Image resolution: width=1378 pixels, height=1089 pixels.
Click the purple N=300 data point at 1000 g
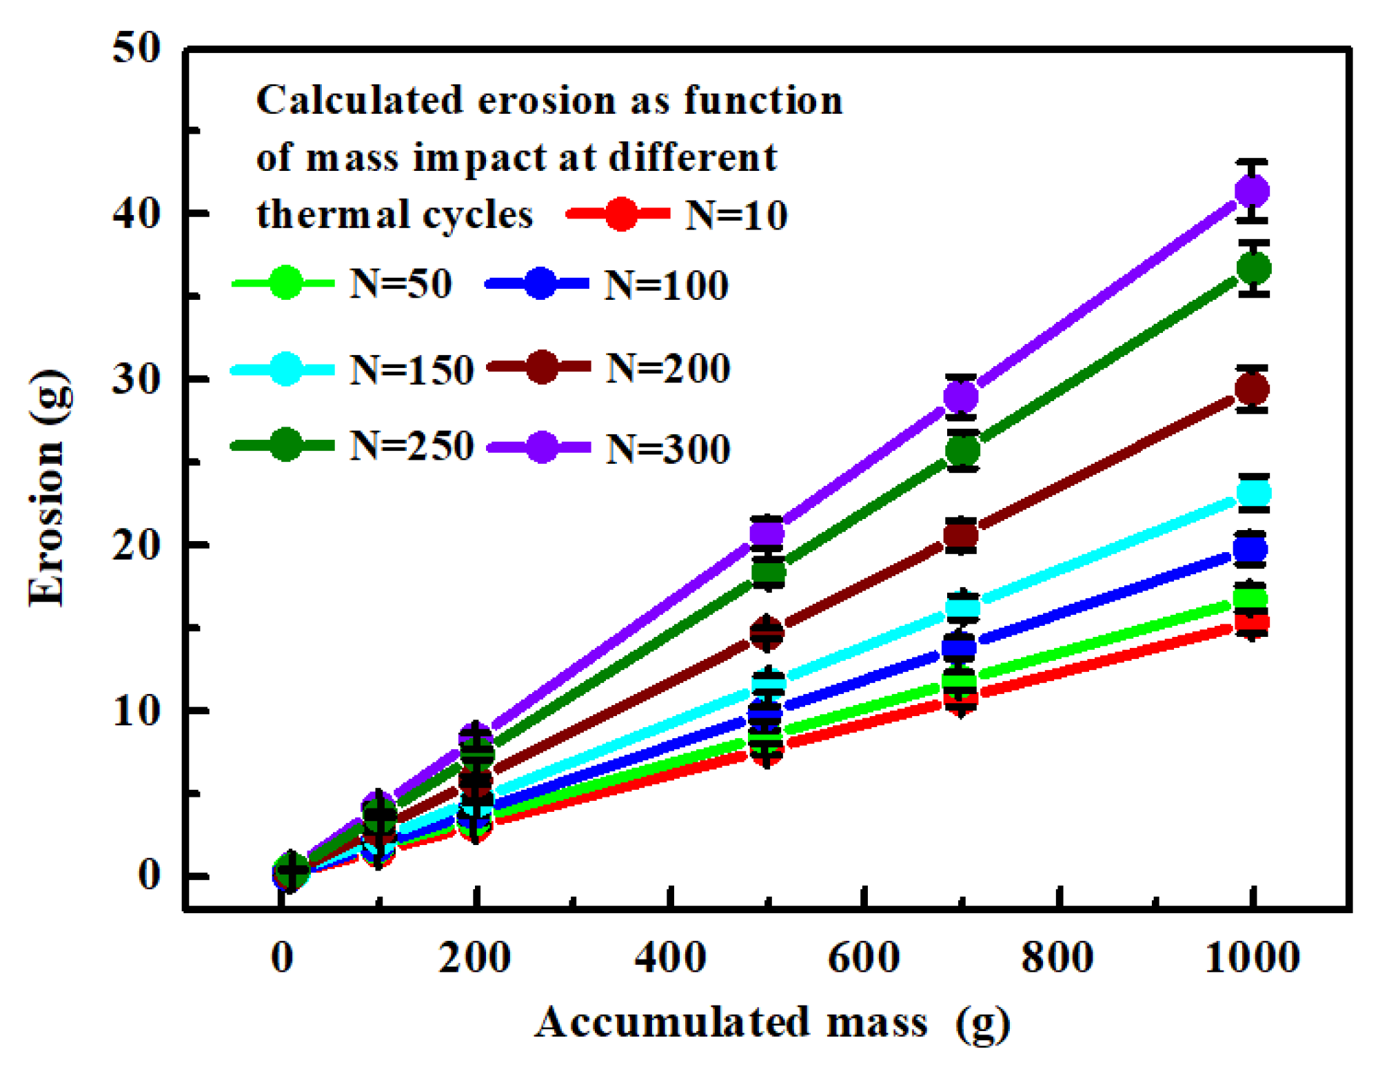(x=1252, y=191)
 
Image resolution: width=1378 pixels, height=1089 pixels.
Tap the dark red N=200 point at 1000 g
(x=1252, y=389)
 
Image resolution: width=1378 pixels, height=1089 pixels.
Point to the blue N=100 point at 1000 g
(x=1250, y=549)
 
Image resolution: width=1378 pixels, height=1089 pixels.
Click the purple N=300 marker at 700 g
(x=960, y=396)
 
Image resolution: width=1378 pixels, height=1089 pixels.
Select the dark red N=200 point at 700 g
(x=960, y=535)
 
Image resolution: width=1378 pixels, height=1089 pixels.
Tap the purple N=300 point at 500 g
(x=767, y=533)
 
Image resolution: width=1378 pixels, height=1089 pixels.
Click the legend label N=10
(x=736, y=215)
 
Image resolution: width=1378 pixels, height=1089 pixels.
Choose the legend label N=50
(x=401, y=283)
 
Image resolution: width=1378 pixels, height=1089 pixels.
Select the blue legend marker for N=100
(x=540, y=283)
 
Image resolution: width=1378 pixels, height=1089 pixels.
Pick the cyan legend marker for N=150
(x=285, y=369)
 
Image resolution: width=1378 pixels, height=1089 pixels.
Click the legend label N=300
(x=667, y=449)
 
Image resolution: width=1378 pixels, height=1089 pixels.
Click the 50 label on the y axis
(x=136, y=48)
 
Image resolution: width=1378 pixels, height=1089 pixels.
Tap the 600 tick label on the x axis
(x=863, y=957)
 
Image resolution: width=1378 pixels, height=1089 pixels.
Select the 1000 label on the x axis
(x=1252, y=957)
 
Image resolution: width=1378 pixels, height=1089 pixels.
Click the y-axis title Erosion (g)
(x=48, y=488)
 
